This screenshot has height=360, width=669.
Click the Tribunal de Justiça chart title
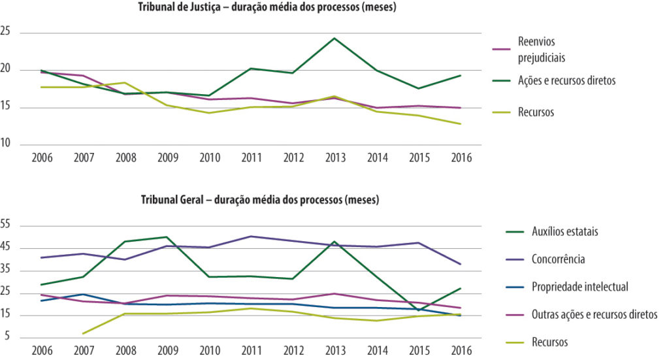(x=267, y=7)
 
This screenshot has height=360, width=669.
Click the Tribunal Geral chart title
(x=260, y=200)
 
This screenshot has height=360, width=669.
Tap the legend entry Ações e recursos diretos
(x=566, y=80)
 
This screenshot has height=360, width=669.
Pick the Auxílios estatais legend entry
(x=565, y=231)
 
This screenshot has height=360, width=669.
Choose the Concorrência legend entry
(x=558, y=259)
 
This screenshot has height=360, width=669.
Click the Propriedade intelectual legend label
(x=580, y=287)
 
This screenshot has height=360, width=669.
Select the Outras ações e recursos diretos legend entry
(x=595, y=314)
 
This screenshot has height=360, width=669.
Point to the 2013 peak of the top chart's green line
(x=335, y=39)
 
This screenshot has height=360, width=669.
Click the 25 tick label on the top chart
(x=5, y=31)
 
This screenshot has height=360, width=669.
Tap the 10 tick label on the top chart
(x=5, y=143)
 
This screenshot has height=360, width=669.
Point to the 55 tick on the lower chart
(x=5, y=224)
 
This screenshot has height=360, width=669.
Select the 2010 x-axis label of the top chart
(x=210, y=158)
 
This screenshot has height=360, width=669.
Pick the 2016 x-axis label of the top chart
(x=462, y=158)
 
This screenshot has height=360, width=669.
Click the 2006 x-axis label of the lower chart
(x=42, y=351)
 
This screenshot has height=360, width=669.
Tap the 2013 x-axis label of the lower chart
(x=335, y=351)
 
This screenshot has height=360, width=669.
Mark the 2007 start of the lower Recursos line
(x=84, y=334)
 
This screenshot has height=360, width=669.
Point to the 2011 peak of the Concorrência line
(x=252, y=237)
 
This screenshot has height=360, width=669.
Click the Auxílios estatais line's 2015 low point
(x=419, y=310)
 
